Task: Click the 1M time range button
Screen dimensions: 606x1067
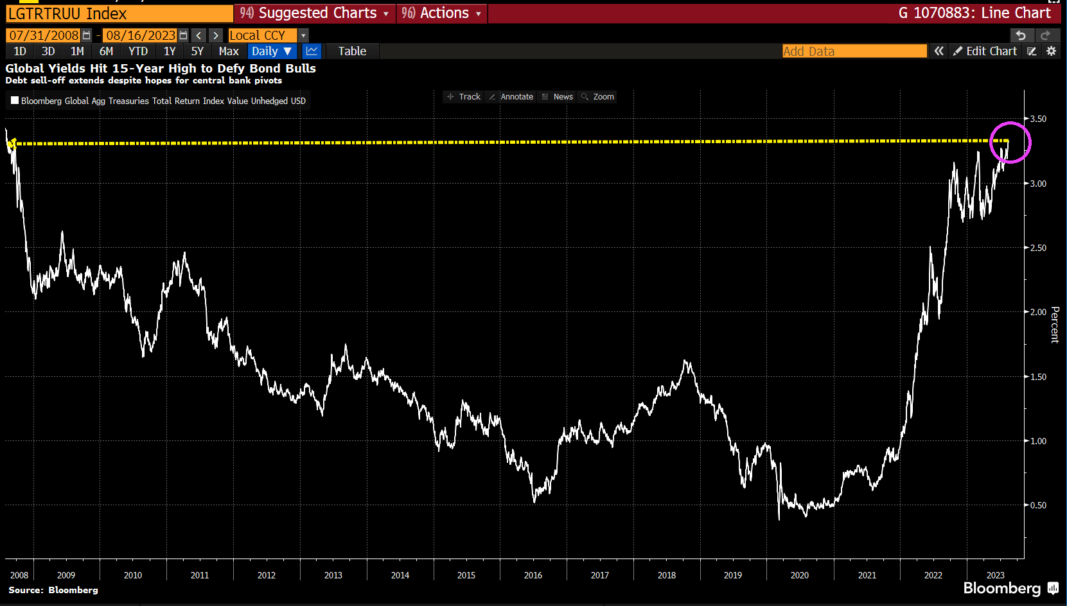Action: (x=77, y=51)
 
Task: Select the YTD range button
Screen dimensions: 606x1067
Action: (x=138, y=51)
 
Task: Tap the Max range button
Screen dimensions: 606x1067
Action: (x=229, y=51)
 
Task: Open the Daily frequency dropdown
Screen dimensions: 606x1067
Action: (x=272, y=51)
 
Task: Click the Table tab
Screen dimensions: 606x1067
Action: (x=352, y=51)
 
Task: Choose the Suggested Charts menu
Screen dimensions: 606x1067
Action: (x=314, y=13)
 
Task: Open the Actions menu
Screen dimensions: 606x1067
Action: (x=441, y=13)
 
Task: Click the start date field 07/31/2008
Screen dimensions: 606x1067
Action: (x=44, y=35)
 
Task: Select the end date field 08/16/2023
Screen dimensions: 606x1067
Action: (x=141, y=35)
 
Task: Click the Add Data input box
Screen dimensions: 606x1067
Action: (x=854, y=51)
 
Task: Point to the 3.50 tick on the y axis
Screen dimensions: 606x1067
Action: (x=1038, y=119)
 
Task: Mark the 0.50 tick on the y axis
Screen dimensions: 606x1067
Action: (x=1038, y=505)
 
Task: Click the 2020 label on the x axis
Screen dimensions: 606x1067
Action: (x=800, y=575)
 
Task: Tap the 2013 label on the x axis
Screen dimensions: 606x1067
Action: (x=333, y=575)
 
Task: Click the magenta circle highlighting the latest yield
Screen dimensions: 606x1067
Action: (x=1010, y=143)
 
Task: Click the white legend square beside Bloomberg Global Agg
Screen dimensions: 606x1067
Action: (x=15, y=100)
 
